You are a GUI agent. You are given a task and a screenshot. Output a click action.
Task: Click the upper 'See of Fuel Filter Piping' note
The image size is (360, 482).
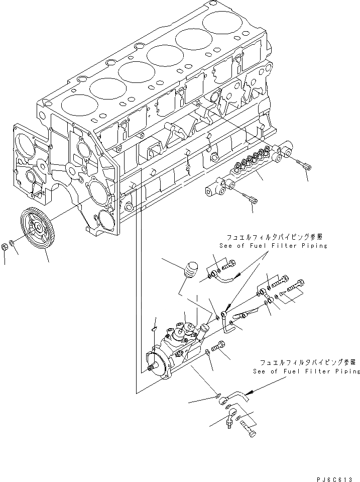pyautogui.click(x=273, y=246)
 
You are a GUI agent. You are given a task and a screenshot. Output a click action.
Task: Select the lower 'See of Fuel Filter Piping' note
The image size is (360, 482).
pyautogui.click(x=307, y=371)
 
